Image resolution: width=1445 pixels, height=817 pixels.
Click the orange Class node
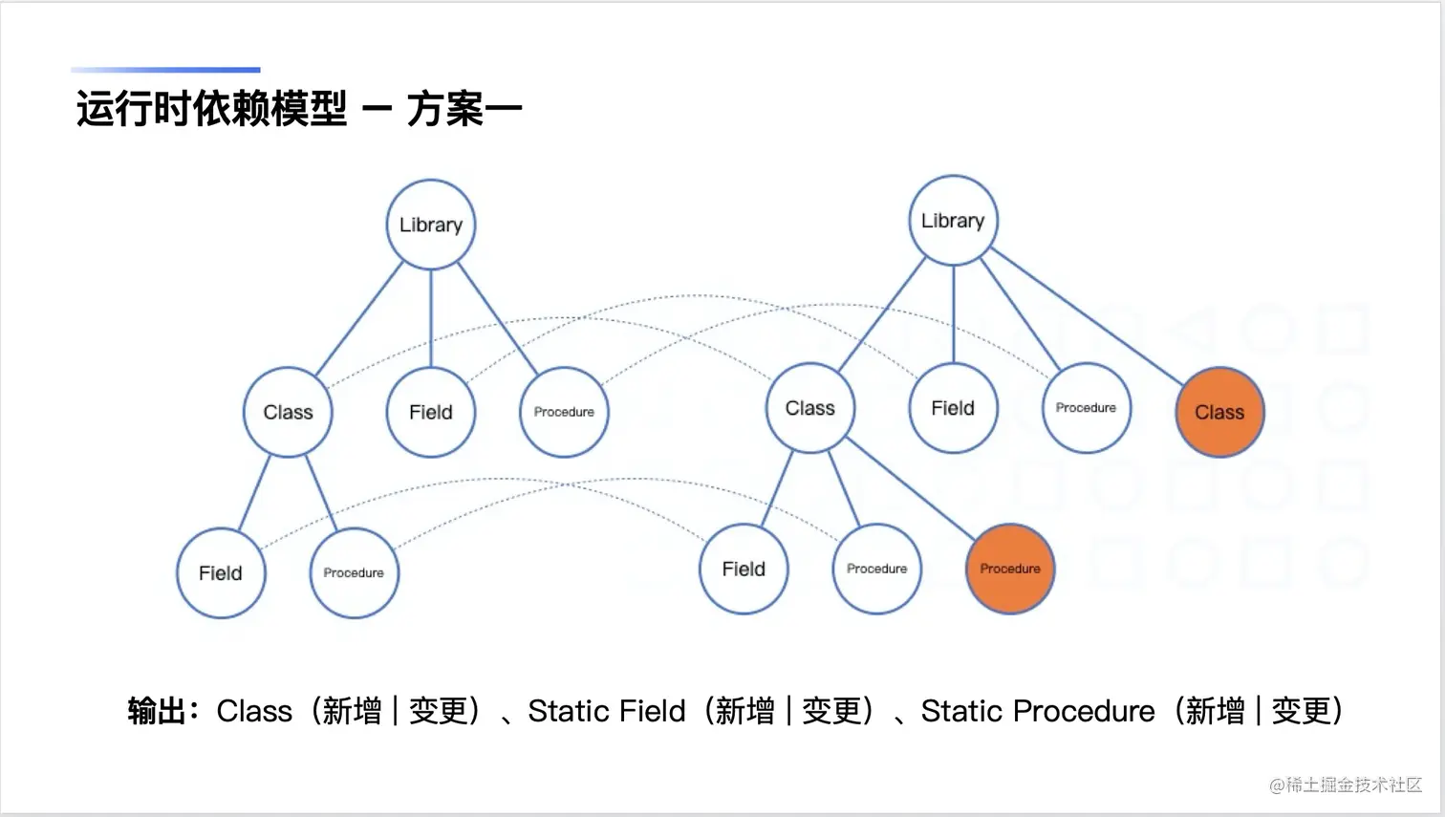pyautogui.click(x=1219, y=412)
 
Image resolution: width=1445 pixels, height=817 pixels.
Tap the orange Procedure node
pyautogui.click(x=1010, y=569)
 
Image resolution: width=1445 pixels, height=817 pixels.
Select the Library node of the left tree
pyautogui.click(x=431, y=225)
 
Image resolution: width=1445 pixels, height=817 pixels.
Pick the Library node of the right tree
pyautogui.click(x=954, y=221)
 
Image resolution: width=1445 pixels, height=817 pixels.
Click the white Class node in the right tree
pyautogui.click(x=810, y=408)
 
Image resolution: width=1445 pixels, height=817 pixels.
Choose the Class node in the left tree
pyautogui.click(x=288, y=412)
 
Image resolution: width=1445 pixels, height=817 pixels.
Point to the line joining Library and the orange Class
pyautogui.click(x=1087, y=316)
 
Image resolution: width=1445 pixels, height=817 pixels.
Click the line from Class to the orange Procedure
pyautogui.click(x=910, y=488)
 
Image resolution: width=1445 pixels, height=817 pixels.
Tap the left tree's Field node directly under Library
pyautogui.click(x=431, y=412)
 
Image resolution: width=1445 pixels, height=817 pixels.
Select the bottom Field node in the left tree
pyautogui.click(x=221, y=572)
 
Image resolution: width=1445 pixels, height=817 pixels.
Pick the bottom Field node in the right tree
pyautogui.click(x=744, y=569)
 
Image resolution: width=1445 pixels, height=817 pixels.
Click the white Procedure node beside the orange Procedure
pyautogui.click(x=876, y=569)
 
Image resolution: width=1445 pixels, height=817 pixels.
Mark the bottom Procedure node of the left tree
pyautogui.click(x=355, y=572)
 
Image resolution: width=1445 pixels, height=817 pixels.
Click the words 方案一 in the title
pyautogui.click(x=464, y=109)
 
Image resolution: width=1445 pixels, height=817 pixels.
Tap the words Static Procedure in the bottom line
pyautogui.click(x=1037, y=711)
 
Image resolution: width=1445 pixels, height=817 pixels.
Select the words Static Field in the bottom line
pyautogui.click(x=606, y=711)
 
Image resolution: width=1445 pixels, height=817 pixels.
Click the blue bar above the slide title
pyautogui.click(x=165, y=70)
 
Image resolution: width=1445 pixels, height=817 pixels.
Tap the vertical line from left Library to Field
pyautogui.click(x=431, y=318)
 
